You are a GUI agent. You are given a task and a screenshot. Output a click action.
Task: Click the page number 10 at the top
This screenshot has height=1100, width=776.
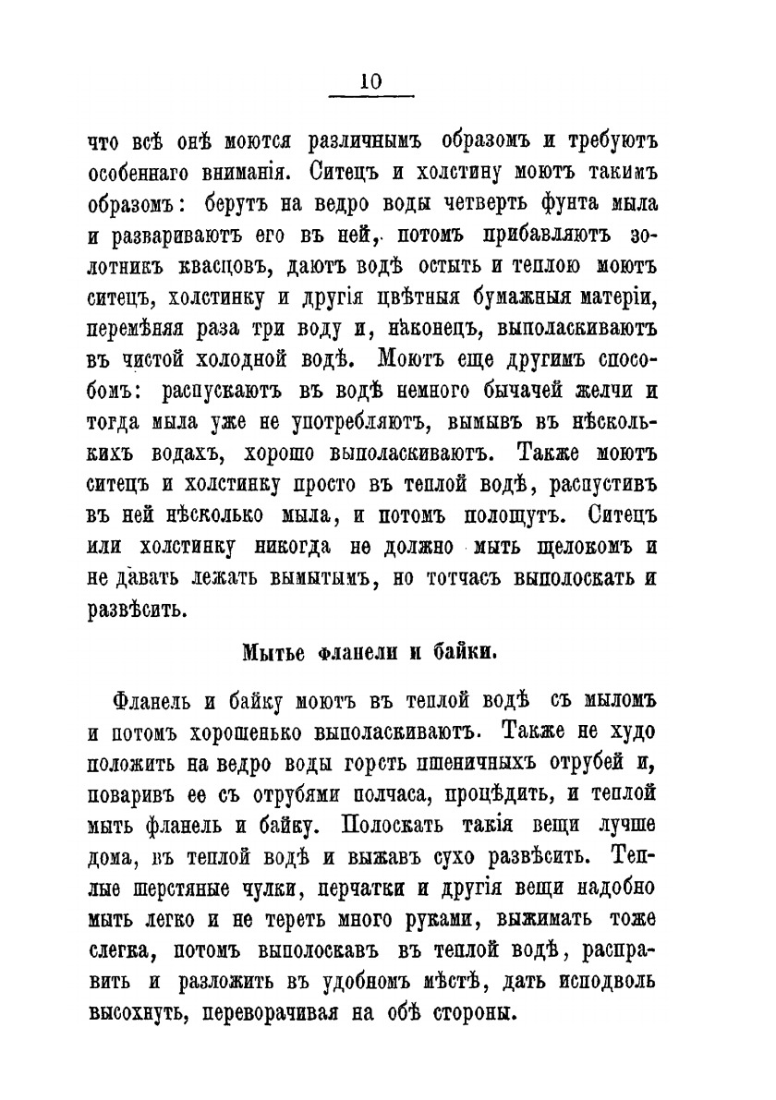point(371,80)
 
